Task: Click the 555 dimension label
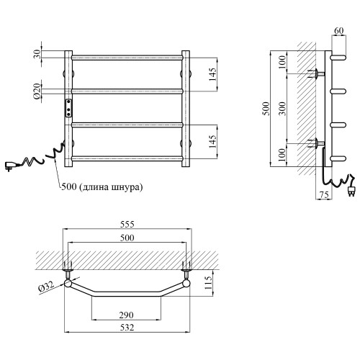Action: (x=127, y=225)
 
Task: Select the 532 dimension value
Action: (x=127, y=328)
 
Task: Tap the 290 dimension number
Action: (x=127, y=315)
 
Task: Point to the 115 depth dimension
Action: (x=209, y=282)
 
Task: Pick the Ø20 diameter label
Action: (x=37, y=91)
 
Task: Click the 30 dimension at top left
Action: (x=37, y=55)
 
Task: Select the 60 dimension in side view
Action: (x=338, y=31)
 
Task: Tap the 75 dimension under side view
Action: (x=324, y=195)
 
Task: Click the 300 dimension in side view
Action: (x=283, y=109)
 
